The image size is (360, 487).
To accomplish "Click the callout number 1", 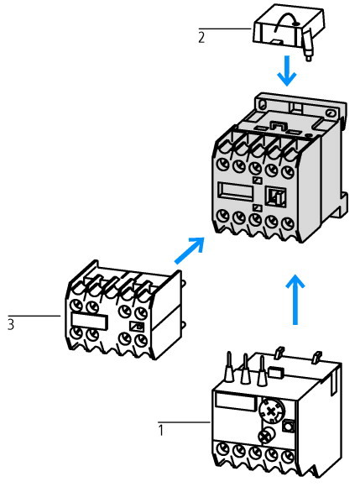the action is pos(161,431).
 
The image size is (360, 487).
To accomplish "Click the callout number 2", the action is pos(201,38).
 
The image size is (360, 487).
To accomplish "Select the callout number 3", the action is pos(11,324).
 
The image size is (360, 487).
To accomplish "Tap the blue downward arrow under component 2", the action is pos(287,71).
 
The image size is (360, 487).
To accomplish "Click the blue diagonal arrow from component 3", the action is pos(190,251).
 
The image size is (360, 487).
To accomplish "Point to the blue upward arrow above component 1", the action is pos(295,300).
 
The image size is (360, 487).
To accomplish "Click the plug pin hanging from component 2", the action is pos(307,46).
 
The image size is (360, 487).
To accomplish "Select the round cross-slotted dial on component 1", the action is pos(271,411).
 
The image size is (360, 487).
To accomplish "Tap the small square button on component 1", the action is pos(288,426).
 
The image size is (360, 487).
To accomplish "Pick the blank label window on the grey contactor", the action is pos(236,191).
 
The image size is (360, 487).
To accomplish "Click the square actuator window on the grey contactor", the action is pos(275,197).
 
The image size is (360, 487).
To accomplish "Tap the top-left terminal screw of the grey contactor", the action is pos(223,164).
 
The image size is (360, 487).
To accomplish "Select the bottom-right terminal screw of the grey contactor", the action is pos(288,223).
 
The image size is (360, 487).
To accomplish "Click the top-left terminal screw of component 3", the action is pos(76,306).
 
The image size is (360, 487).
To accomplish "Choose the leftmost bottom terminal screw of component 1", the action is pos(223,449).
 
